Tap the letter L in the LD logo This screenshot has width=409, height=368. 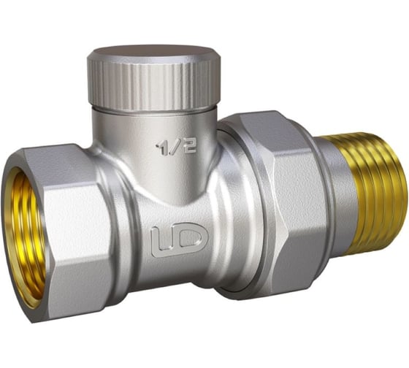point(160,242)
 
